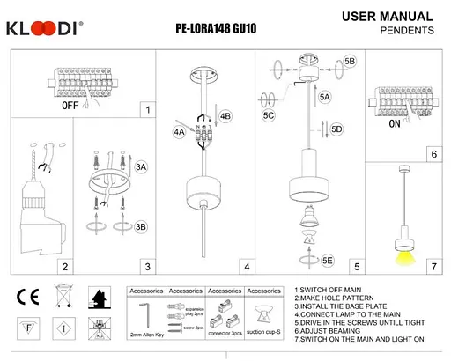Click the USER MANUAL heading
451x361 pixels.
(386, 17)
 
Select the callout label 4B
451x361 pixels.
(225, 116)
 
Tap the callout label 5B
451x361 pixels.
(350, 62)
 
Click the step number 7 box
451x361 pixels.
(433, 265)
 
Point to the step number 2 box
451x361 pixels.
(64, 265)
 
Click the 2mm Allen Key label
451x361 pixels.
(145, 335)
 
